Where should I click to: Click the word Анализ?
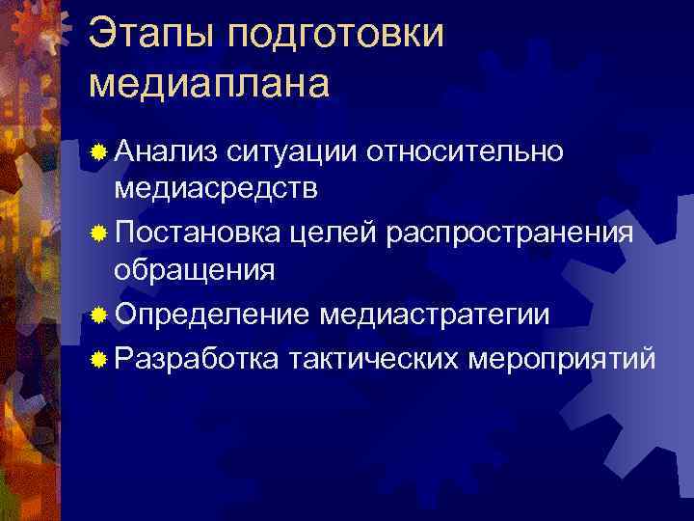pyautogui.click(x=165, y=150)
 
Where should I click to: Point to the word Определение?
pyautogui.click(x=211, y=316)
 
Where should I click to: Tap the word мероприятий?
pyautogui.click(x=562, y=359)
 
